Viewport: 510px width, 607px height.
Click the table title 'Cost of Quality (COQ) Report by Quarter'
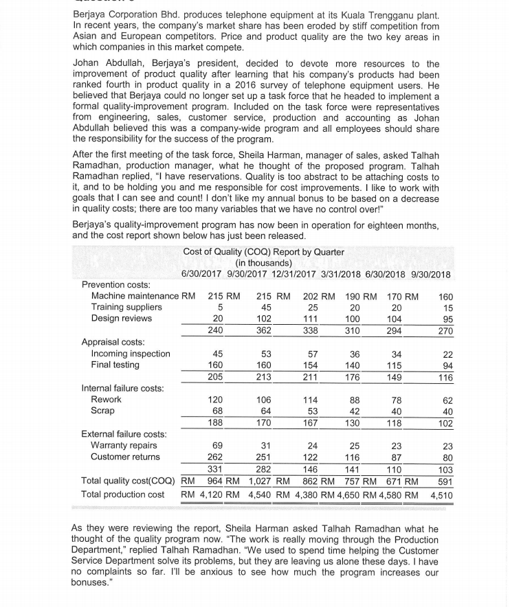(x=263, y=252)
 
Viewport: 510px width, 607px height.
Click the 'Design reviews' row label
(x=122, y=318)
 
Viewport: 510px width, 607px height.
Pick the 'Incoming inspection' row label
(x=131, y=354)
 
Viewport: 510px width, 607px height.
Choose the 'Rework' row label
(x=107, y=400)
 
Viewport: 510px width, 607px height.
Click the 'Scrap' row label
(x=104, y=411)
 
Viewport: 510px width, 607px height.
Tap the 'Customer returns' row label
(x=126, y=457)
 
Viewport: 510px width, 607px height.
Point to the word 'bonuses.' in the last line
(x=91, y=582)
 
